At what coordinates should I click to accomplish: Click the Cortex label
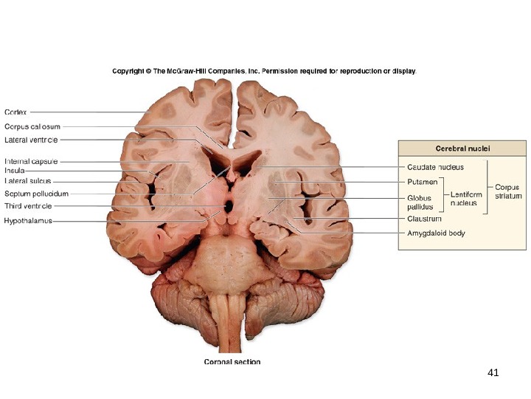[16, 112]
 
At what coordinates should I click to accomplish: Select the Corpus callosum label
[32, 126]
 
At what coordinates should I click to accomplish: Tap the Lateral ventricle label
[32, 139]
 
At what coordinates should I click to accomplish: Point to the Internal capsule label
[32, 161]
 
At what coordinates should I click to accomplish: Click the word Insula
[15, 171]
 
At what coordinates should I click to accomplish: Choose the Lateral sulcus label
[28, 180]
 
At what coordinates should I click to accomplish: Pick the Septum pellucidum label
[37, 194]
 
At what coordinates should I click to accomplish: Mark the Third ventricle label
[29, 206]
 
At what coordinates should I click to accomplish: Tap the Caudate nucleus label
[435, 167]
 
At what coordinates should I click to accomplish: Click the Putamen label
[422, 181]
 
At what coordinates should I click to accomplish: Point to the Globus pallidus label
[420, 202]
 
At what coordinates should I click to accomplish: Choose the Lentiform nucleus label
[463, 198]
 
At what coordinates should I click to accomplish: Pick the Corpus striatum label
[507, 192]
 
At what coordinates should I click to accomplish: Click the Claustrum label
[424, 219]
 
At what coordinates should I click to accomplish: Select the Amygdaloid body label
[437, 233]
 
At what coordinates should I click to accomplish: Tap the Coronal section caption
[232, 362]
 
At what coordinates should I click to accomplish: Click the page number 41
[493, 372]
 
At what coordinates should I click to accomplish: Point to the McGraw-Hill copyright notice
[264, 72]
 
